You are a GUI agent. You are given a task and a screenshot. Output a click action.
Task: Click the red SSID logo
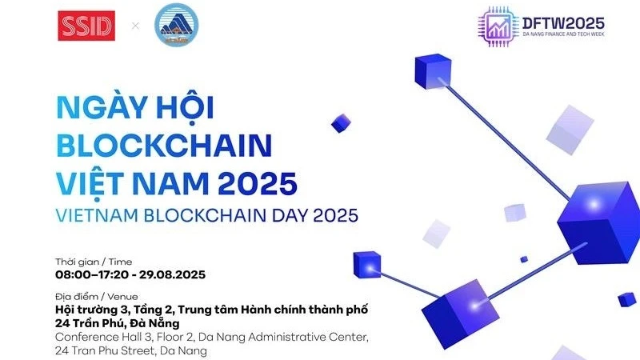click(86, 26)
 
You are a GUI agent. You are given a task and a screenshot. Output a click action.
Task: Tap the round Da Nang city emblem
click(176, 25)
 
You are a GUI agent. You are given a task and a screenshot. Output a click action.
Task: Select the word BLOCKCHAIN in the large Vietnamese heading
click(164, 146)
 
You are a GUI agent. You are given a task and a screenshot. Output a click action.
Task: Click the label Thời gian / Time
click(94, 262)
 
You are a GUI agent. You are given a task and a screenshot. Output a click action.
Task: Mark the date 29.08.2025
click(172, 274)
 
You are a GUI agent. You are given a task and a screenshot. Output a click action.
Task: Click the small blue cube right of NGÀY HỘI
click(341, 122)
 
